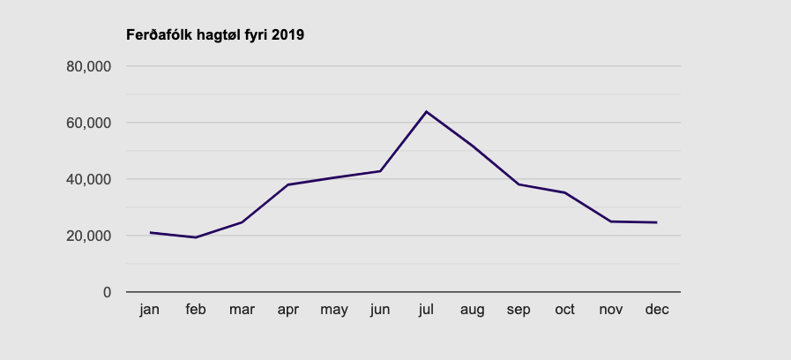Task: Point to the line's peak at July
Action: (426, 111)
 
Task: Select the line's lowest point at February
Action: (196, 237)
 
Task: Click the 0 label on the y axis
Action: (108, 292)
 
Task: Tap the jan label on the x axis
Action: (150, 310)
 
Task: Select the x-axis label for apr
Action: (287, 310)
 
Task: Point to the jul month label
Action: (426, 310)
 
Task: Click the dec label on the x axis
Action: (656, 310)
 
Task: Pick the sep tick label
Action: (519, 310)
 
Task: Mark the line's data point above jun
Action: (380, 171)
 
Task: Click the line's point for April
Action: (287, 184)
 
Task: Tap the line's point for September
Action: (519, 184)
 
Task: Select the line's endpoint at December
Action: (656, 222)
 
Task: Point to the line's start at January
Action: (150, 232)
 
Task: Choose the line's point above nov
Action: (610, 221)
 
